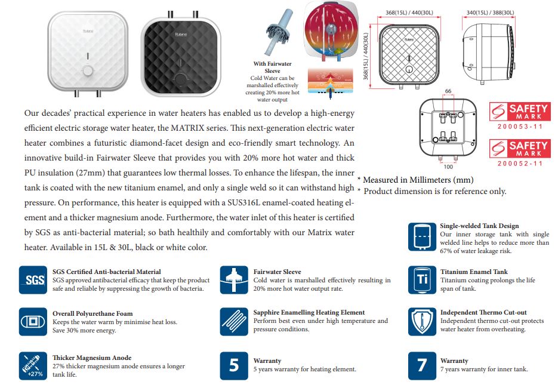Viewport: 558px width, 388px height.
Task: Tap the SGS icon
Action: pyautogui.click(x=33, y=279)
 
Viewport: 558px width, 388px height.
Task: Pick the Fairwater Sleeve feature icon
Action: pyautogui.click(x=234, y=279)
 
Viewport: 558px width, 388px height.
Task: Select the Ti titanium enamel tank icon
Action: pyautogui.click(x=422, y=279)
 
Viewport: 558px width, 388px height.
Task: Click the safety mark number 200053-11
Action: pyautogui.click(x=520, y=126)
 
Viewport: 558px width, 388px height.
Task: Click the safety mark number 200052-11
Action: pyautogui.click(x=520, y=163)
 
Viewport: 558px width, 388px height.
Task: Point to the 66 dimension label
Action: pyautogui.click(x=448, y=91)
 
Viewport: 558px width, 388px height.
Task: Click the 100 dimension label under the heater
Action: pyautogui.click(x=448, y=158)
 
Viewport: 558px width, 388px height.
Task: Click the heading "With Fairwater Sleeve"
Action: pyautogui.click(x=272, y=67)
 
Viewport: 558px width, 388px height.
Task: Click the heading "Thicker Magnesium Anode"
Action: pyautogui.click(x=93, y=358)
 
